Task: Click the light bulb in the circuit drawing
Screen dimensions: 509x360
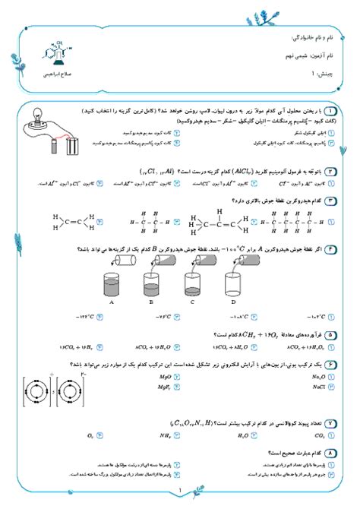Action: [x=36, y=116]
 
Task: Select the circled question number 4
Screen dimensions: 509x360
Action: [x=331, y=248]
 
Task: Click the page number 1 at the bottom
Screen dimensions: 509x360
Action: [x=180, y=490]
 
